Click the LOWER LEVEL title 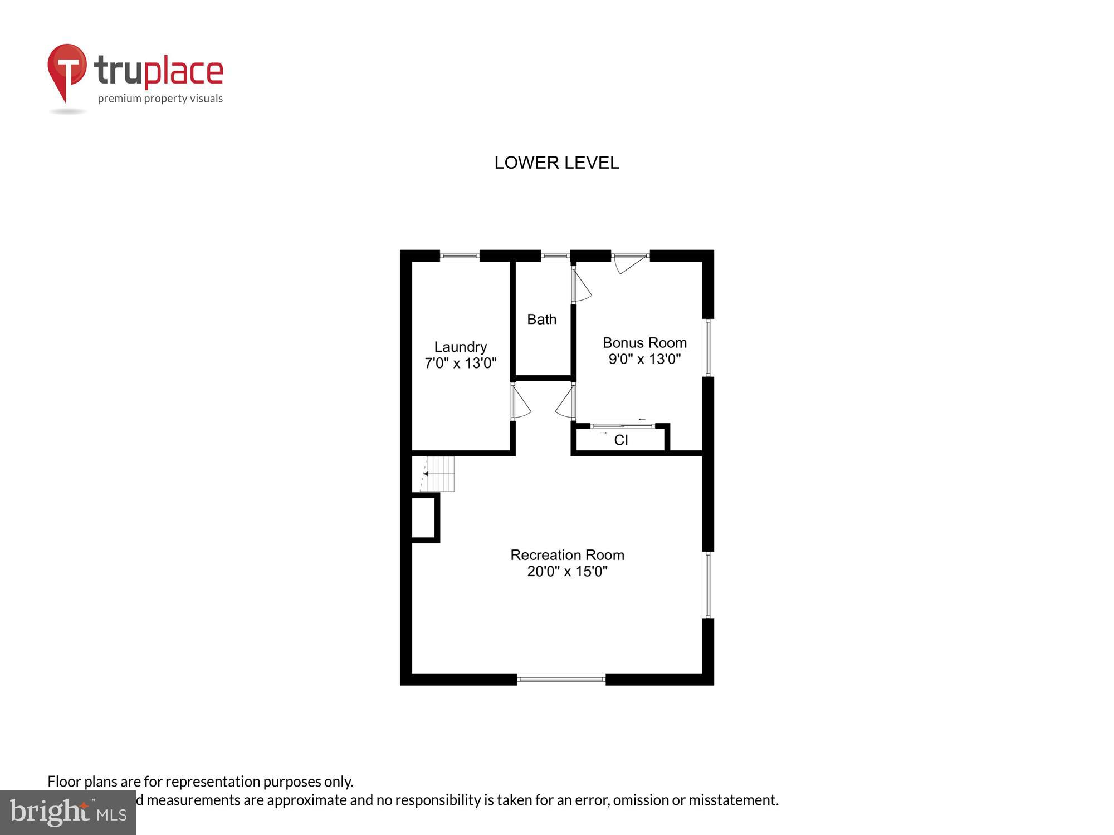click(x=556, y=163)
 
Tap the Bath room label click(x=541, y=320)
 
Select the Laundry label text click(x=460, y=347)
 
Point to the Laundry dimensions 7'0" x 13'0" click(x=460, y=364)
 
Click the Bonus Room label click(x=644, y=343)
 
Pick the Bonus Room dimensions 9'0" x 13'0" click(x=644, y=359)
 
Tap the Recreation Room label click(x=567, y=555)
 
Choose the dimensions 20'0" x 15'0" click(x=567, y=571)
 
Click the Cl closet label click(x=620, y=440)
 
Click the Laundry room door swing click(x=520, y=402)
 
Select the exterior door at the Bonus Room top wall click(x=631, y=262)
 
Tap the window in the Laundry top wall click(x=460, y=256)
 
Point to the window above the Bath click(x=555, y=256)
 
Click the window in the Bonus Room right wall click(x=708, y=347)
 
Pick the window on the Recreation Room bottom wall click(x=561, y=679)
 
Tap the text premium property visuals click(x=160, y=99)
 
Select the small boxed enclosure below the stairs click(x=424, y=518)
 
